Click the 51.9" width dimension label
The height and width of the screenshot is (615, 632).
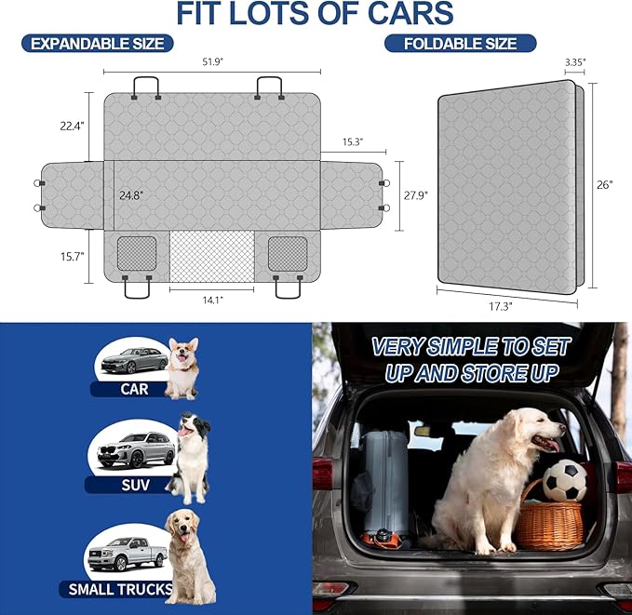pos(212,61)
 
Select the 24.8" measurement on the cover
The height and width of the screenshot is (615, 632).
pos(132,196)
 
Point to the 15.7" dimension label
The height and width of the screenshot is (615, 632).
pos(72,256)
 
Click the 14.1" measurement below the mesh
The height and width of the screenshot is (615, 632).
pos(211,301)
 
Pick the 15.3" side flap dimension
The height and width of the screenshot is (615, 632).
pos(352,142)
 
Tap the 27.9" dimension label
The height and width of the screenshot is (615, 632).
pos(414,195)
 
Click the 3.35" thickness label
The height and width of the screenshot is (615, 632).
pos(575,62)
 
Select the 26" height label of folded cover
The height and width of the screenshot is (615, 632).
pos(605,184)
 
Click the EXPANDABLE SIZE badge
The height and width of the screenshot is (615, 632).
pos(98,43)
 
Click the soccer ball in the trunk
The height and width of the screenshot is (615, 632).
pos(564,481)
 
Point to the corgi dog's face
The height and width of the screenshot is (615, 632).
pos(182,353)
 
